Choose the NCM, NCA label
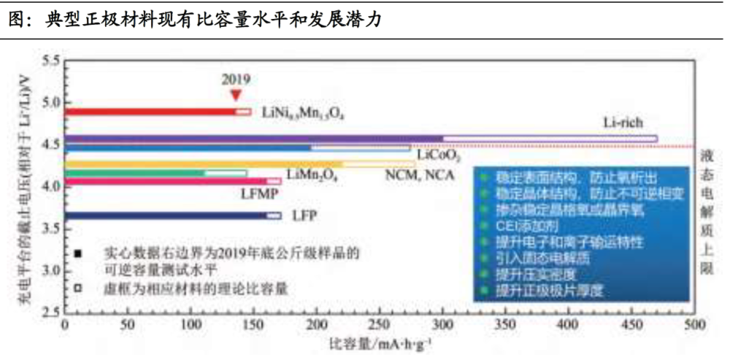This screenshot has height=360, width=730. click(x=419, y=175)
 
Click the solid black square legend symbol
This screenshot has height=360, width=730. click(x=77, y=253)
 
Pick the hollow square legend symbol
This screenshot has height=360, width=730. click(x=77, y=288)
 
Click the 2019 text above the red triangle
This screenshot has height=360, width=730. click(x=236, y=79)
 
